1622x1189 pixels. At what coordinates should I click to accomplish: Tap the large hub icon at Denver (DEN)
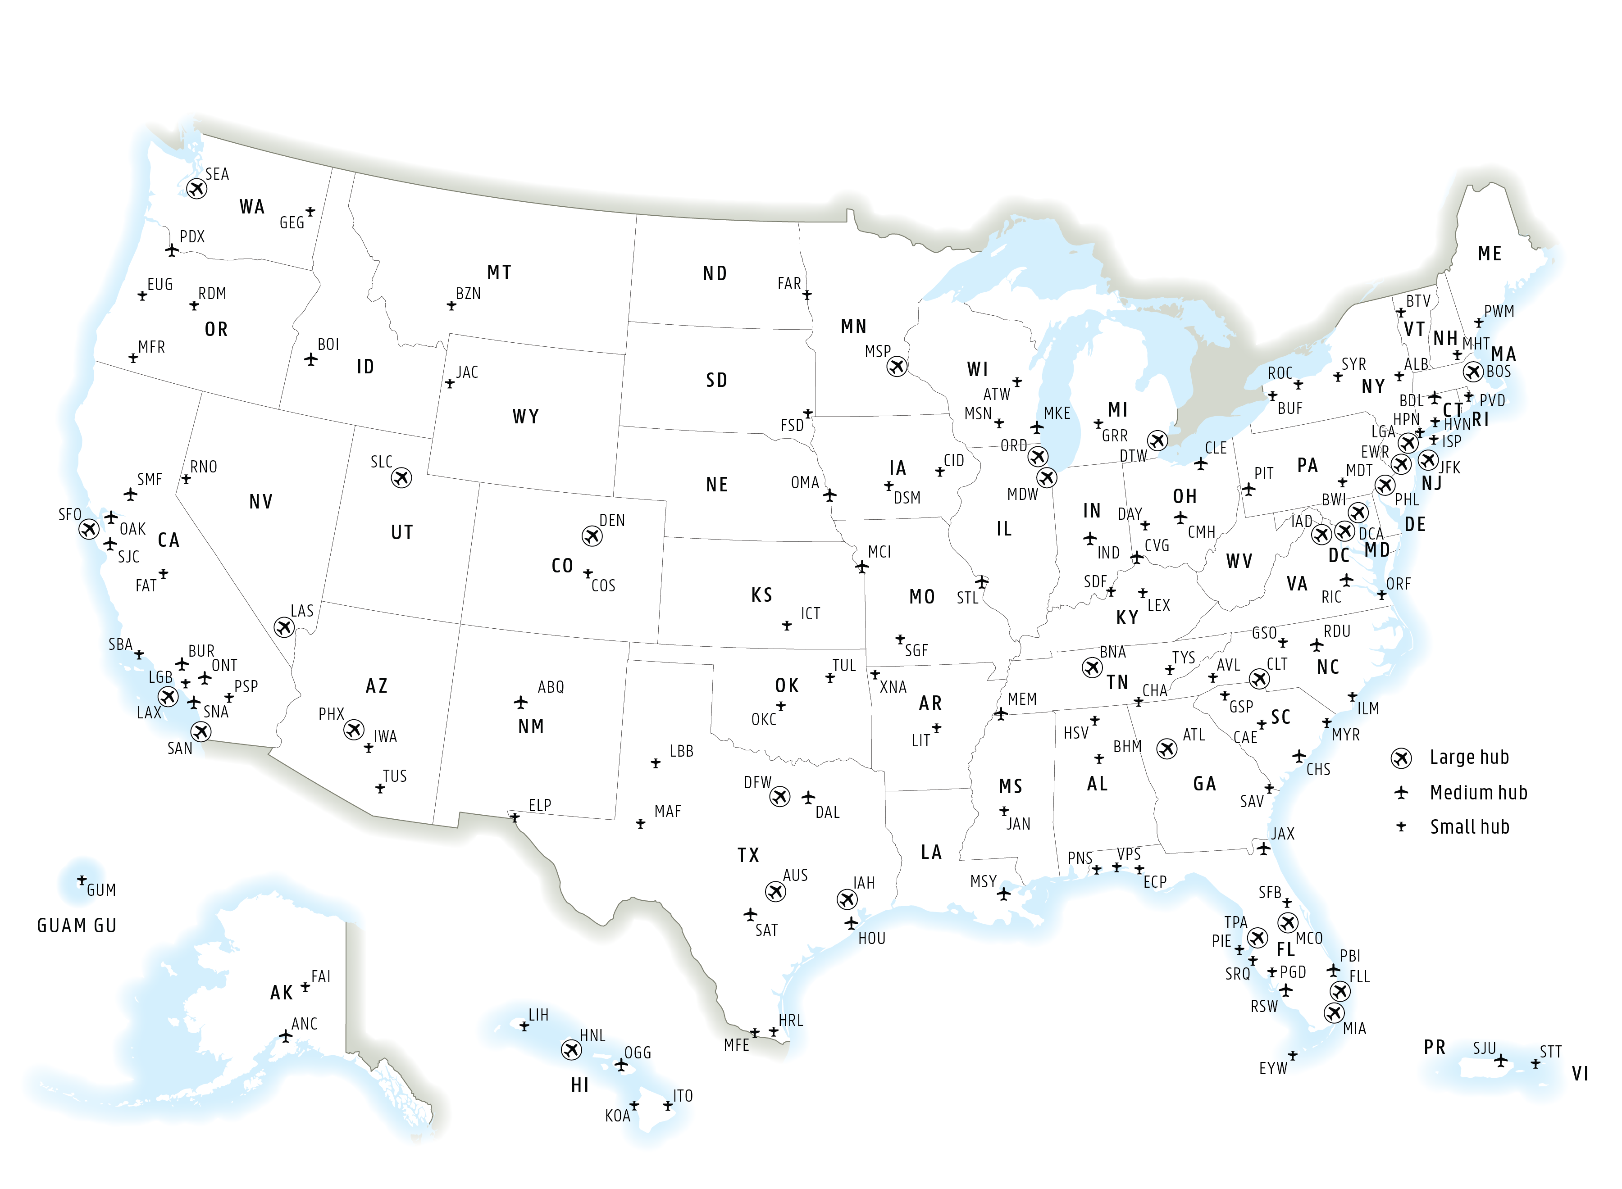[x=592, y=536]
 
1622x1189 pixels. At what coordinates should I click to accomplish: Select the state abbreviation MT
[x=499, y=273]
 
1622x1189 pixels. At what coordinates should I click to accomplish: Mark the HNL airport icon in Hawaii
[x=571, y=1050]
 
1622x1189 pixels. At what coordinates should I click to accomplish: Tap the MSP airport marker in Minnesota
[x=896, y=367]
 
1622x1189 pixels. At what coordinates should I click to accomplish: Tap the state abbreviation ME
[x=1490, y=254]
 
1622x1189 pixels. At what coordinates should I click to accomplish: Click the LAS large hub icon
[x=284, y=628]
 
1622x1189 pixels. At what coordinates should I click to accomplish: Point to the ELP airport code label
[x=540, y=805]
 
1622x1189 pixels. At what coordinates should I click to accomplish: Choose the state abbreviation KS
[x=762, y=595]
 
